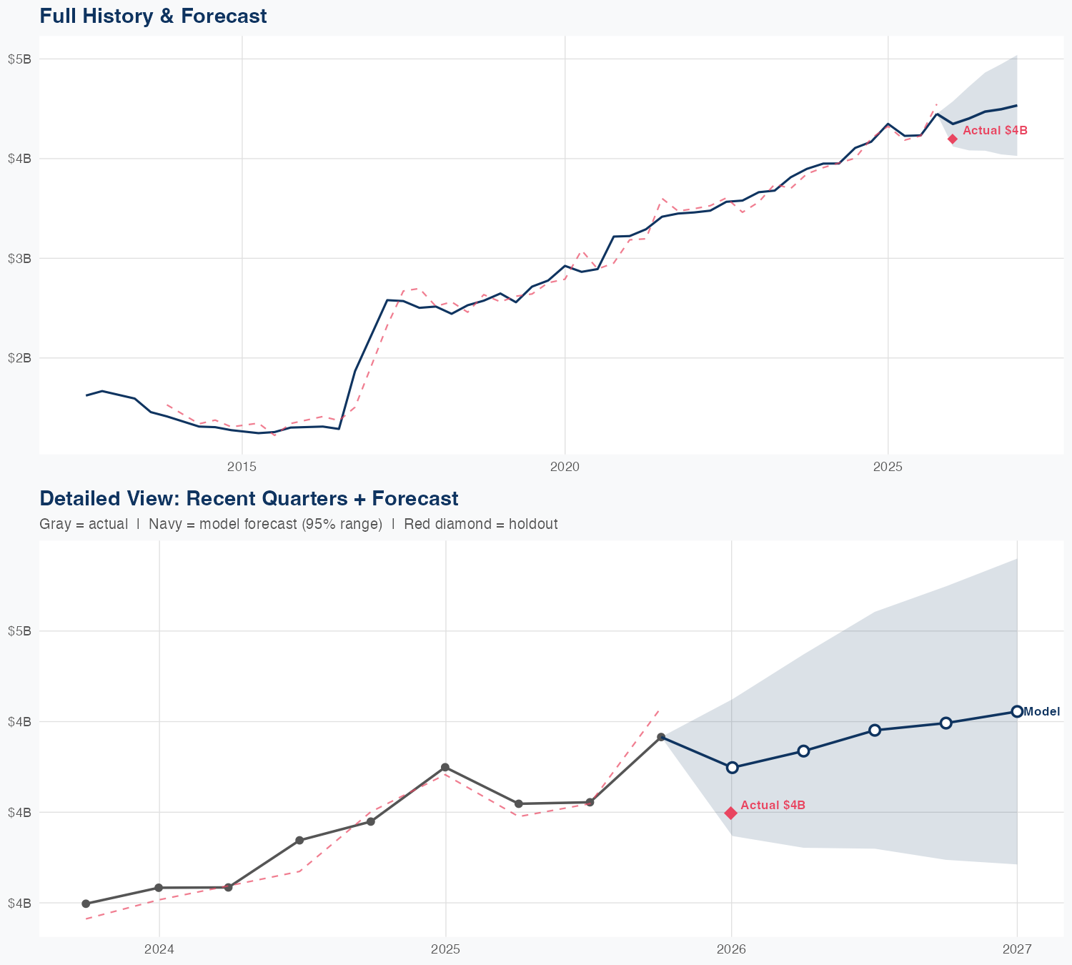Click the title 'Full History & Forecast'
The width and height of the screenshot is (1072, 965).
point(153,16)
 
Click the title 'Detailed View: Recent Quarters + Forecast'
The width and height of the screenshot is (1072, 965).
point(249,498)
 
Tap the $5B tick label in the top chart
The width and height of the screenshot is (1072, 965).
point(19,59)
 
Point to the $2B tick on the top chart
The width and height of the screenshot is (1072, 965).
point(19,358)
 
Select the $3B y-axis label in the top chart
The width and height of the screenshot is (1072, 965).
point(19,259)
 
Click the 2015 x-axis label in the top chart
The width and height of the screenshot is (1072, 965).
point(242,467)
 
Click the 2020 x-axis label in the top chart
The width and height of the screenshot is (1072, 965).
point(565,467)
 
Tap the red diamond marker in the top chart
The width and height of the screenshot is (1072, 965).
point(953,139)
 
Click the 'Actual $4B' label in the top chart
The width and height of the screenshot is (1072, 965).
point(995,131)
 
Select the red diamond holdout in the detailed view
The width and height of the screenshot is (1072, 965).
point(731,813)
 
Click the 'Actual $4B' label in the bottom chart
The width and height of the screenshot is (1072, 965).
point(773,806)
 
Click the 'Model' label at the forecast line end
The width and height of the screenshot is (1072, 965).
point(1041,712)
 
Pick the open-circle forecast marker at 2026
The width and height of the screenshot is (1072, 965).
point(732,767)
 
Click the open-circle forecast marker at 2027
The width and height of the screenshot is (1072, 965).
point(1017,711)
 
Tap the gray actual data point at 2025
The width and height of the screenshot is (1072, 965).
point(445,767)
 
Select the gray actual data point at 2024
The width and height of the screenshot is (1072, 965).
point(159,888)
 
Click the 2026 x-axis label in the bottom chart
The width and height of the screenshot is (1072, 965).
point(731,949)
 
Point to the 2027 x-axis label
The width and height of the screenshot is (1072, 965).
point(1017,949)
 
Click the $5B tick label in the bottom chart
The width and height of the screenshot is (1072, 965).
point(19,631)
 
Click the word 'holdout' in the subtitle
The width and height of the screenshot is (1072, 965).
point(535,524)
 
